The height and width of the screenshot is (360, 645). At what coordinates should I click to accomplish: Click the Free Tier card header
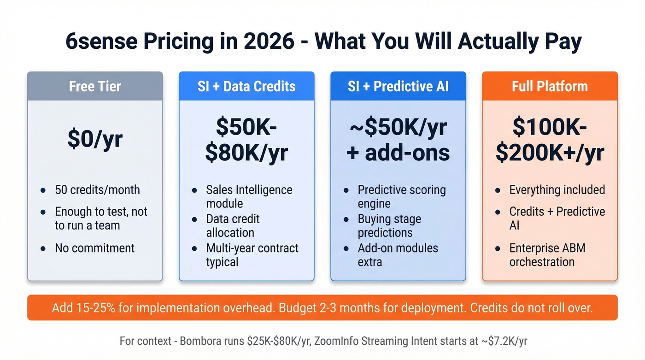(x=95, y=86)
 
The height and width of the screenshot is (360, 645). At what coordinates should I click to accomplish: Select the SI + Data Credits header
(x=246, y=86)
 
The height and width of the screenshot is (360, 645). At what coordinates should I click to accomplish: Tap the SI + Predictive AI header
(x=398, y=86)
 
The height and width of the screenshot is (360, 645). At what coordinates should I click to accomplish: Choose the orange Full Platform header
(x=550, y=86)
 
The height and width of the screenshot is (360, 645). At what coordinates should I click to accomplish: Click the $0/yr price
(x=95, y=139)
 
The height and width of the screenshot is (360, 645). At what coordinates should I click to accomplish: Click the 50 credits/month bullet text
(x=97, y=189)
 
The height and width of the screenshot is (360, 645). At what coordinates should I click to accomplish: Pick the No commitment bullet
(x=94, y=248)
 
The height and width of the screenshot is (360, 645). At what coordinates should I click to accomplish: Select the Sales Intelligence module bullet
(x=249, y=196)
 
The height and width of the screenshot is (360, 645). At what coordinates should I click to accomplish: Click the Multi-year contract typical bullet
(x=252, y=255)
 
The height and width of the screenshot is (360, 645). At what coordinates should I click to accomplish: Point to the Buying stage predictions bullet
(x=389, y=225)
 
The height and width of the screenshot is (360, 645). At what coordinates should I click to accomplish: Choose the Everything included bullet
(x=557, y=189)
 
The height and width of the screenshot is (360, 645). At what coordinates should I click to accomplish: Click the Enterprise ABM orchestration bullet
(x=547, y=255)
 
